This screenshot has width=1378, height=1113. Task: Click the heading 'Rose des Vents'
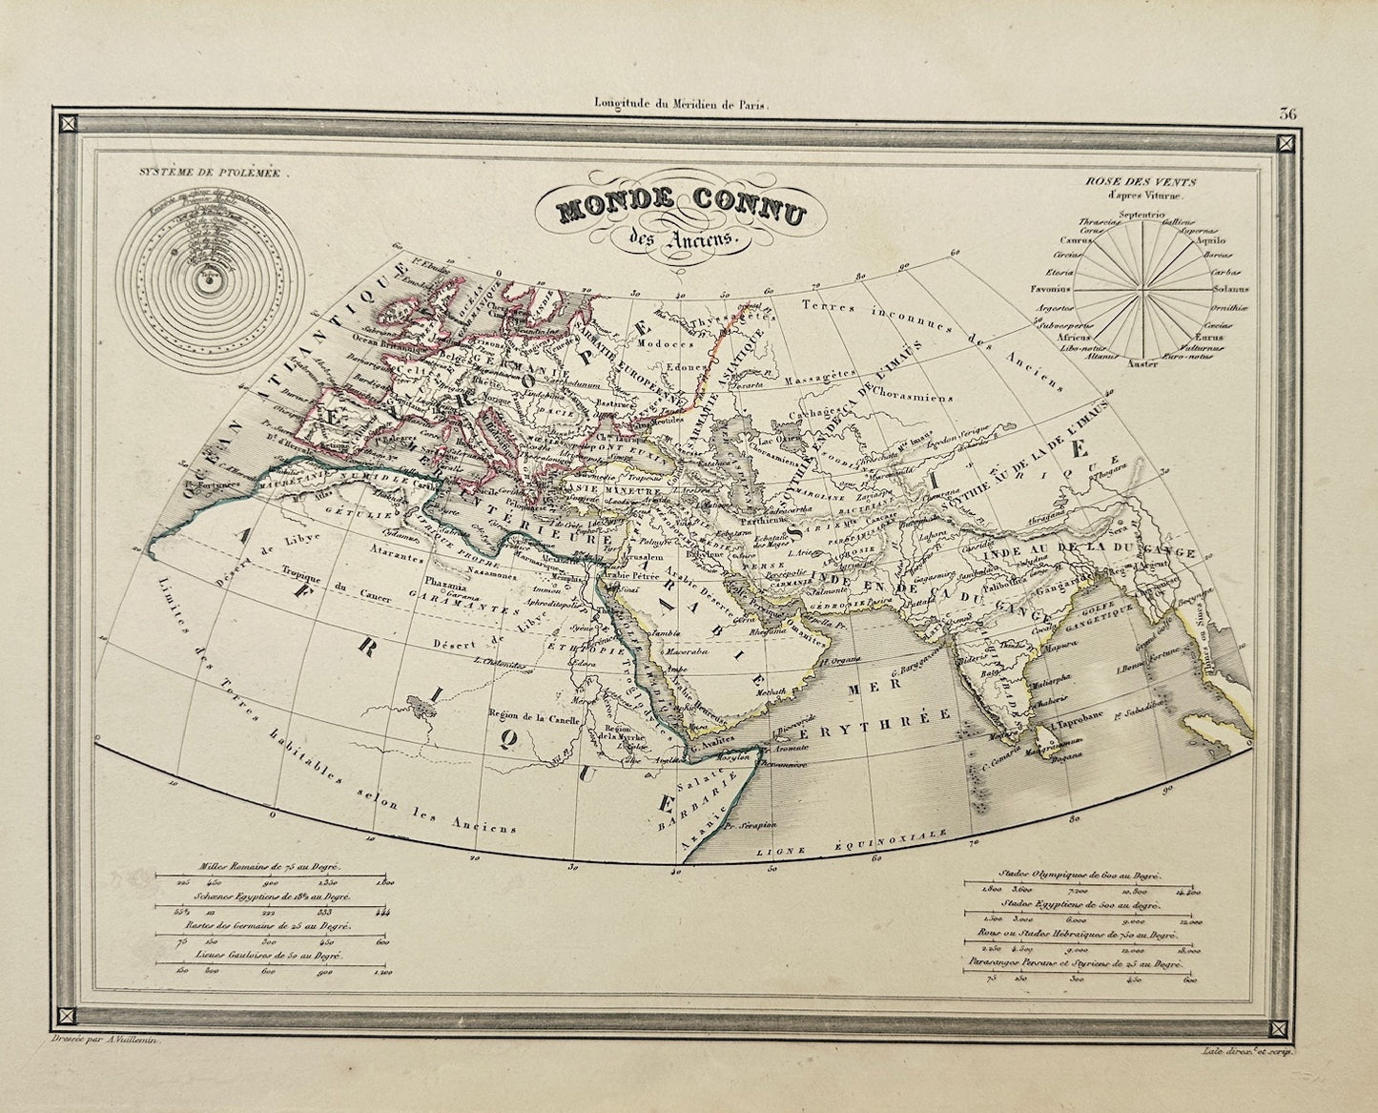pos(1151,181)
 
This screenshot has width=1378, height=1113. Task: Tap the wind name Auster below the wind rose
pos(1141,363)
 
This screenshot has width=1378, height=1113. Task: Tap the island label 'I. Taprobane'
pos(1077,726)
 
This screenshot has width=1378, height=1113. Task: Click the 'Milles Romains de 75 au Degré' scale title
pos(271,869)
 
